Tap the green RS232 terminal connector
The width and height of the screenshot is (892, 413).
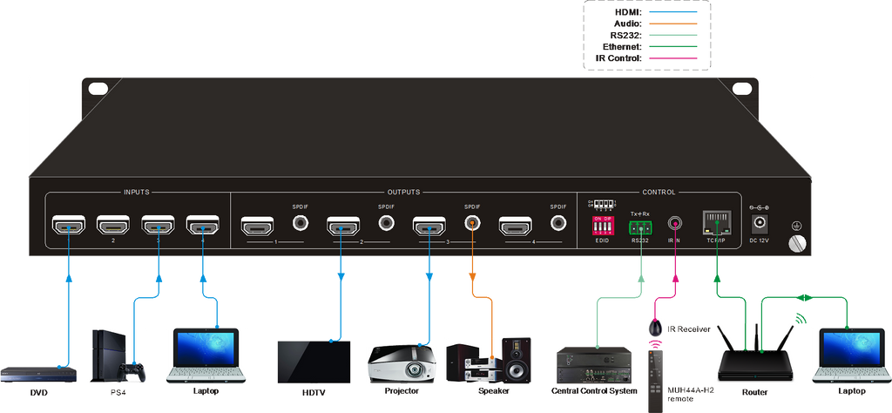(x=639, y=227)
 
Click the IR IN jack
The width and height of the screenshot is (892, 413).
(x=673, y=224)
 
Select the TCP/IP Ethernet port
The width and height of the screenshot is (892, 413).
(x=715, y=223)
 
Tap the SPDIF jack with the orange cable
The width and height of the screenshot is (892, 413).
(x=472, y=223)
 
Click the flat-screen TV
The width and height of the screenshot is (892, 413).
(x=314, y=361)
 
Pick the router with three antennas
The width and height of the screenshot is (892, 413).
(x=754, y=355)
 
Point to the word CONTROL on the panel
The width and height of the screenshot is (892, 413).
(x=658, y=192)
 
